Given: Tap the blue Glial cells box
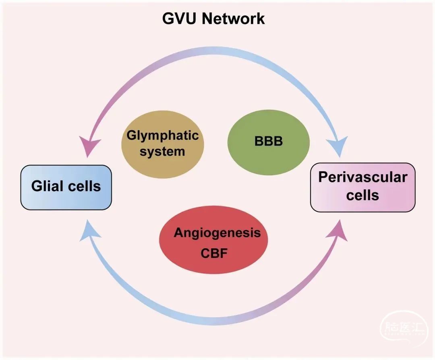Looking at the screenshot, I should click(66, 187).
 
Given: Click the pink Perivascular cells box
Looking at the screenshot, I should click(362, 187).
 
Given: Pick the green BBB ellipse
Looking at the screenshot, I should click(269, 142).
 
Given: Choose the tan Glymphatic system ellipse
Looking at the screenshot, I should click(163, 143).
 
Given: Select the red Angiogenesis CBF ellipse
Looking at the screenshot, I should click(214, 240).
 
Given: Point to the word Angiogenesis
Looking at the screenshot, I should click(217, 233).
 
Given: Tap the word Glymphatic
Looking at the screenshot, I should click(163, 135).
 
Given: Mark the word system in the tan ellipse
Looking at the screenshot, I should click(163, 151).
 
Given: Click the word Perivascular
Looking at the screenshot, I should click(362, 177).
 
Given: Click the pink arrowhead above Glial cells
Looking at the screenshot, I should click(91, 148).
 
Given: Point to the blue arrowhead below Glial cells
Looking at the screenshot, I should click(89, 231).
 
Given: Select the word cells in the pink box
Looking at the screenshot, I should click(362, 195).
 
